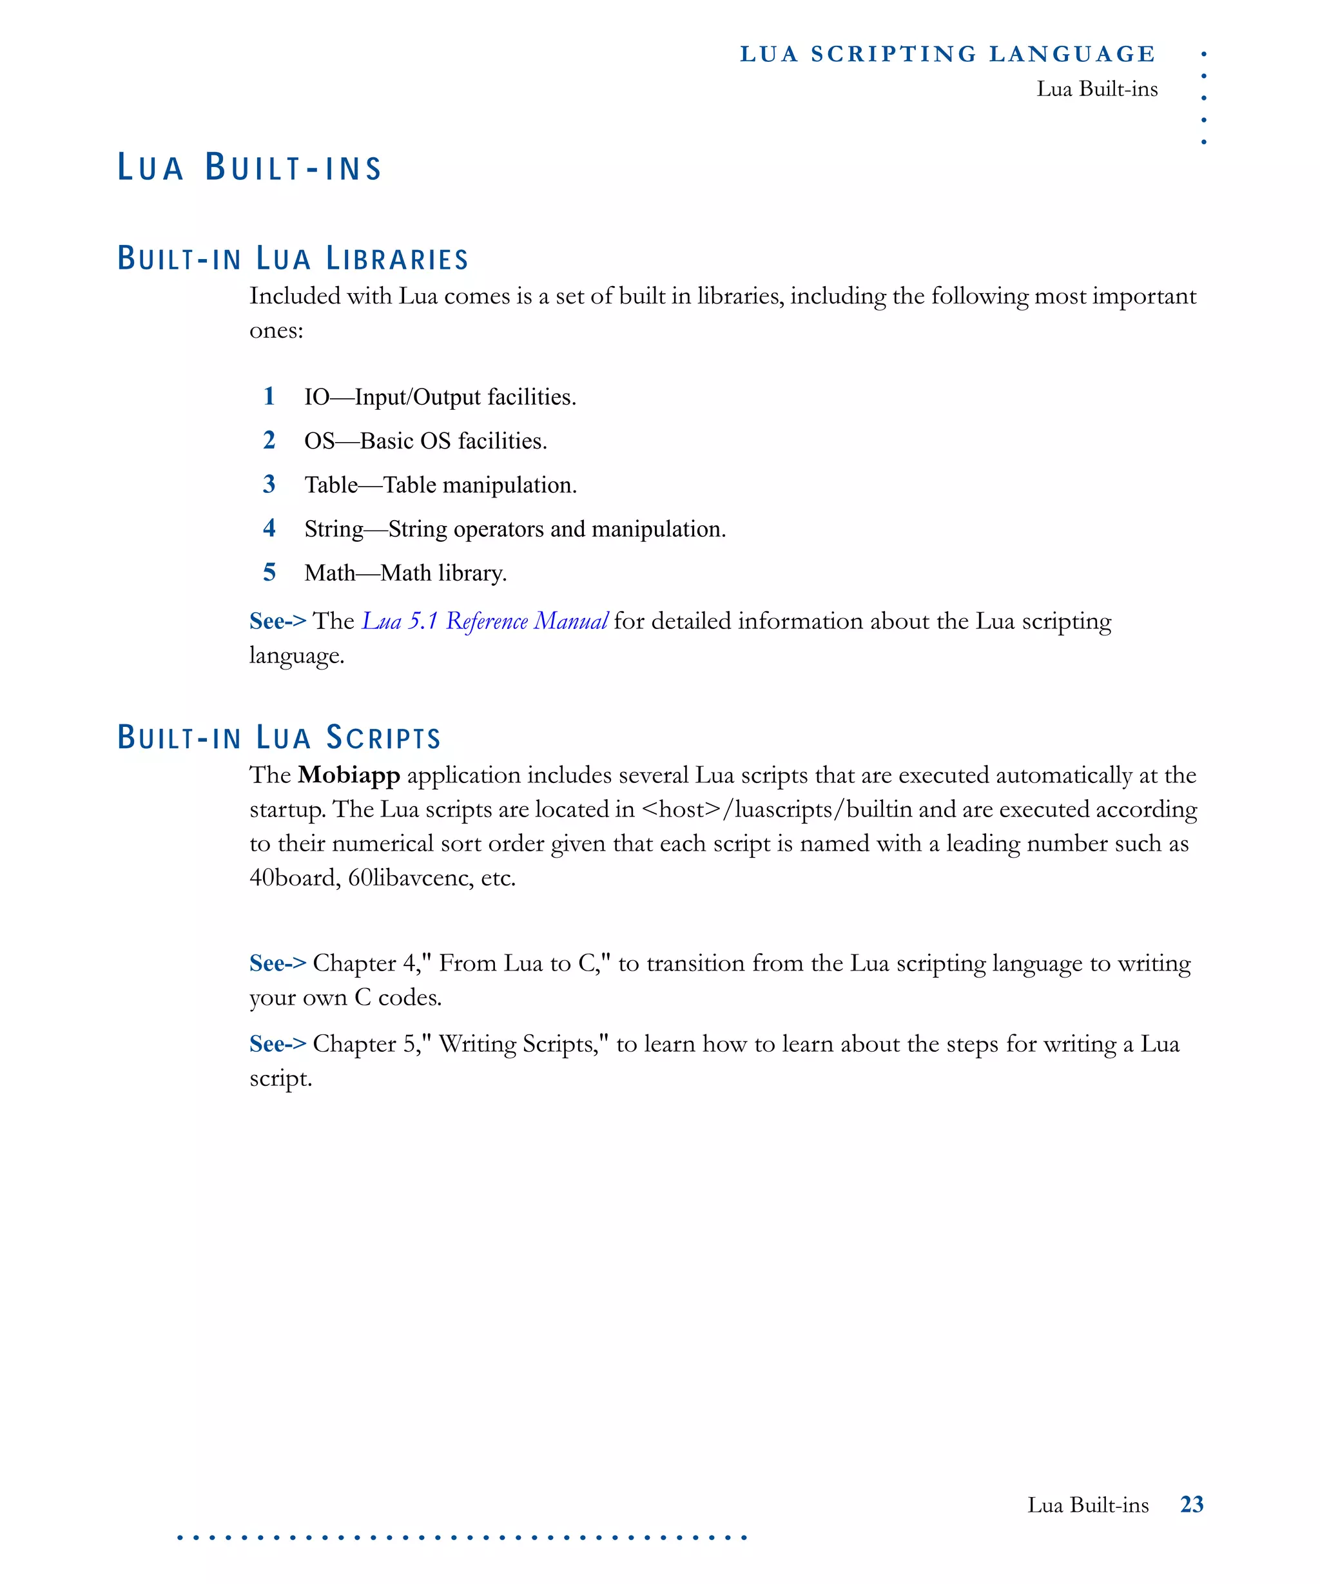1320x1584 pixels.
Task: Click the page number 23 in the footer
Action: point(1192,1505)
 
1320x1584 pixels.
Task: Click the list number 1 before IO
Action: point(269,396)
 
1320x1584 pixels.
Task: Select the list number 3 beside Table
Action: point(269,484)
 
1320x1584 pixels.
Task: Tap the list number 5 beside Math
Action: point(269,572)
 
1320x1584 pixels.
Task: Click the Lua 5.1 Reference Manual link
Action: point(485,621)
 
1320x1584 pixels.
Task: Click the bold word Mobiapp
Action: point(349,775)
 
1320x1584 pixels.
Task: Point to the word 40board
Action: point(294,878)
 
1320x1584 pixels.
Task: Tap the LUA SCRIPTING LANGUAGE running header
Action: point(947,54)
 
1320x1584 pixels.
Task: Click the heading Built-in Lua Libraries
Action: point(293,258)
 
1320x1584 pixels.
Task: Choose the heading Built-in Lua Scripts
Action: point(279,738)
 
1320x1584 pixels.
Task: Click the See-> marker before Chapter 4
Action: point(278,963)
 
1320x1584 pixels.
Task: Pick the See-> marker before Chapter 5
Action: point(278,1044)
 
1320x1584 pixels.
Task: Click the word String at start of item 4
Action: point(334,529)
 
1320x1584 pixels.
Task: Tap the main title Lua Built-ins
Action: point(249,168)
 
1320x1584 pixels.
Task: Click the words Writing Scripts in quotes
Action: point(519,1044)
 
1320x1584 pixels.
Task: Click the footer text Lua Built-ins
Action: point(1088,1505)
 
